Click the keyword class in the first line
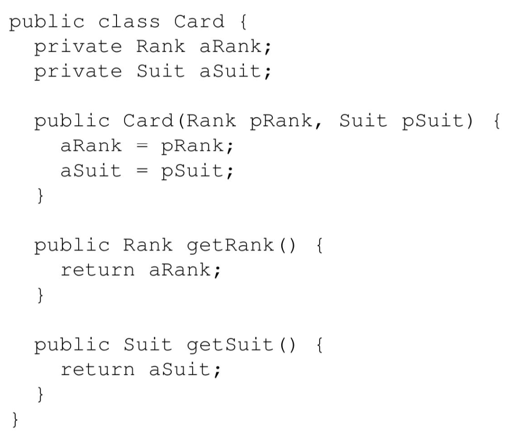coord(129,22)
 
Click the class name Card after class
coord(199,22)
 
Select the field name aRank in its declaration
coord(231,46)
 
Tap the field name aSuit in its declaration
coord(231,71)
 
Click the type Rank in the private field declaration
coord(161,46)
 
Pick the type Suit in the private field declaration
coord(161,71)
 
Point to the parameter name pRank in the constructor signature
coord(281,122)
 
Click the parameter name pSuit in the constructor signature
coord(433,122)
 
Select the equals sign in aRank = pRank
coord(142,146)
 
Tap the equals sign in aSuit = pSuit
coord(142,171)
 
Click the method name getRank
coord(230,246)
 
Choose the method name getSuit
coord(230,345)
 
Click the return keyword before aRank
coord(98,270)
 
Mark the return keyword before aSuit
coord(98,370)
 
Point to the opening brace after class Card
coord(243,22)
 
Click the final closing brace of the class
coord(15,419)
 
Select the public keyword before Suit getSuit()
coord(72,345)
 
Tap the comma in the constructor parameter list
coord(318,125)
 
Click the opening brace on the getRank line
coord(320,246)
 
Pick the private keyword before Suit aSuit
coord(78,72)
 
